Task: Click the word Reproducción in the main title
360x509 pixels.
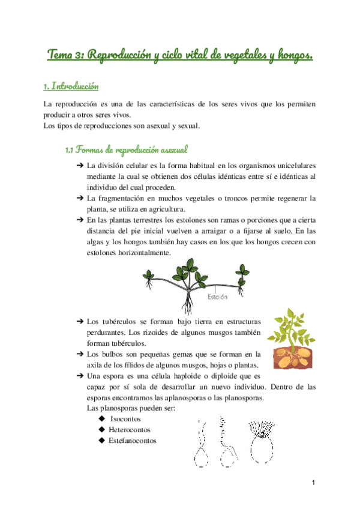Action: pos(118,56)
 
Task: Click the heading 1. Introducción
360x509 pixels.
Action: pos(68,86)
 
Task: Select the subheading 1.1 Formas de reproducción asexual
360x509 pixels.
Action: pos(130,148)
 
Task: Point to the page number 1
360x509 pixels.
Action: pos(313,483)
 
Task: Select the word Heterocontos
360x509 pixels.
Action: pos(129,430)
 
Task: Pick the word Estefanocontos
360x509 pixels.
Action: pos(132,441)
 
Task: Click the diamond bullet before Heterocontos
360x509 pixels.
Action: pos(101,430)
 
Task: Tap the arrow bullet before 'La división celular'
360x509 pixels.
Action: pos(80,165)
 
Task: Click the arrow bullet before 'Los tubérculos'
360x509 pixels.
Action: pos(80,322)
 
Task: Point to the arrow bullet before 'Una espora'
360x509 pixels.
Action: pos(80,376)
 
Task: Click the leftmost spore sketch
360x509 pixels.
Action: pos(201,447)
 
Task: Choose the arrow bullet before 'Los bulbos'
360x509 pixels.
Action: pos(80,354)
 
